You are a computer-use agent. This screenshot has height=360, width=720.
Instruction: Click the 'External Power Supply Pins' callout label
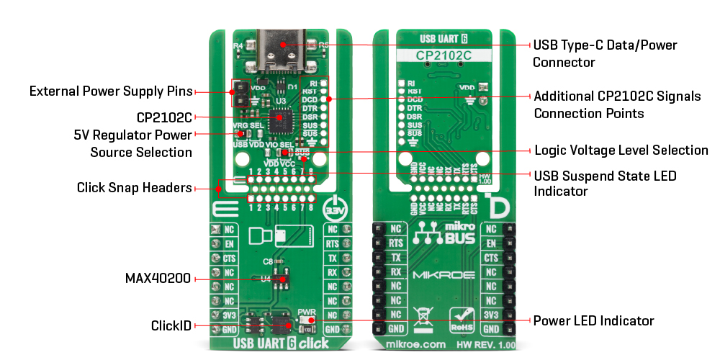coord(111,91)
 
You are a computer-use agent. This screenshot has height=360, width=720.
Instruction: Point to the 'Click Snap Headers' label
coord(135,188)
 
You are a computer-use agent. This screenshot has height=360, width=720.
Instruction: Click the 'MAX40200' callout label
coord(158,277)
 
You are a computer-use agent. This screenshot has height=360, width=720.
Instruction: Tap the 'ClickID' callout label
coord(171,325)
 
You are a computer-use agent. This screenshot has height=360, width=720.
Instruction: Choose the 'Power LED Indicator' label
coord(593,320)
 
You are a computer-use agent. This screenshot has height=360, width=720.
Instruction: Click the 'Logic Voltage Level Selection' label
coord(621,150)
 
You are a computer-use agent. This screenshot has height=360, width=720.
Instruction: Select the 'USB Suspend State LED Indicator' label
coord(604,183)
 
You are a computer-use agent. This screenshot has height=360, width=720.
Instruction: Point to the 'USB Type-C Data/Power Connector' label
coord(604,53)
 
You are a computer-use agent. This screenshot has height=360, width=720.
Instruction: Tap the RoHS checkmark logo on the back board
coord(462,319)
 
